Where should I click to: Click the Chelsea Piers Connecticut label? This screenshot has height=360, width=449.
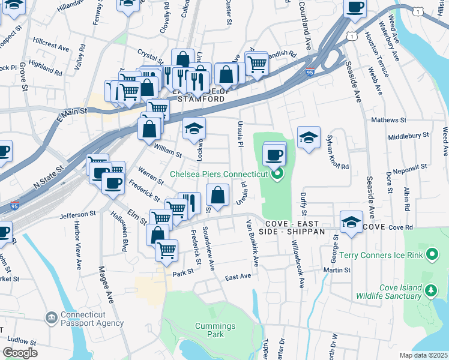point(218,174)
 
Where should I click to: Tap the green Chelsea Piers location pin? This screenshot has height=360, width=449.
point(277,175)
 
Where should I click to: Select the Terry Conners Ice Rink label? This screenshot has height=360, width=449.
point(381,255)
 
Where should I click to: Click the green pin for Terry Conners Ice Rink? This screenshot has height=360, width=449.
point(431,255)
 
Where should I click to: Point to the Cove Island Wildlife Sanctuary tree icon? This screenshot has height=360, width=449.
point(430,291)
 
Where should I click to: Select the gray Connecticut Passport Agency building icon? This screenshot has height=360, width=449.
point(51,317)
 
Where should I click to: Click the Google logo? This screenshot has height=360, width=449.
point(20,352)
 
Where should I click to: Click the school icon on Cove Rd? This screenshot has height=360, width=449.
point(351,222)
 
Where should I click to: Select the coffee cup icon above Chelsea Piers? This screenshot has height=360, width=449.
point(274,154)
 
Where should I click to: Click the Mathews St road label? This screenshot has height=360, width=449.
point(385,120)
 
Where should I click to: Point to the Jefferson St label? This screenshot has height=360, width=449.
point(77,214)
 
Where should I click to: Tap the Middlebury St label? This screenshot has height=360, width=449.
point(408,136)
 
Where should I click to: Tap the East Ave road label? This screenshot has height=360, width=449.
point(238,277)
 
